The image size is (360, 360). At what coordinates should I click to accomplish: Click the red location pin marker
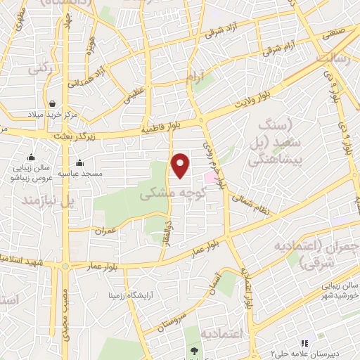181,166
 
